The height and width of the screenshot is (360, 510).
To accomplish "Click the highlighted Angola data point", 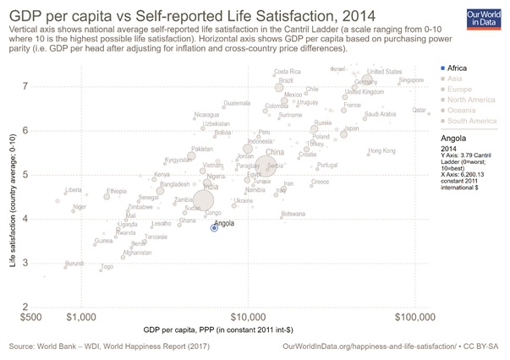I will click(x=215, y=227).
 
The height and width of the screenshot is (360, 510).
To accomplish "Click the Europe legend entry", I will click(x=458, y=94).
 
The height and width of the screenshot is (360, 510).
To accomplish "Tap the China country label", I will click(x=275, y=153).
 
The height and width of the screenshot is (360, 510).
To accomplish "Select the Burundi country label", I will click(x=75, y=264).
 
